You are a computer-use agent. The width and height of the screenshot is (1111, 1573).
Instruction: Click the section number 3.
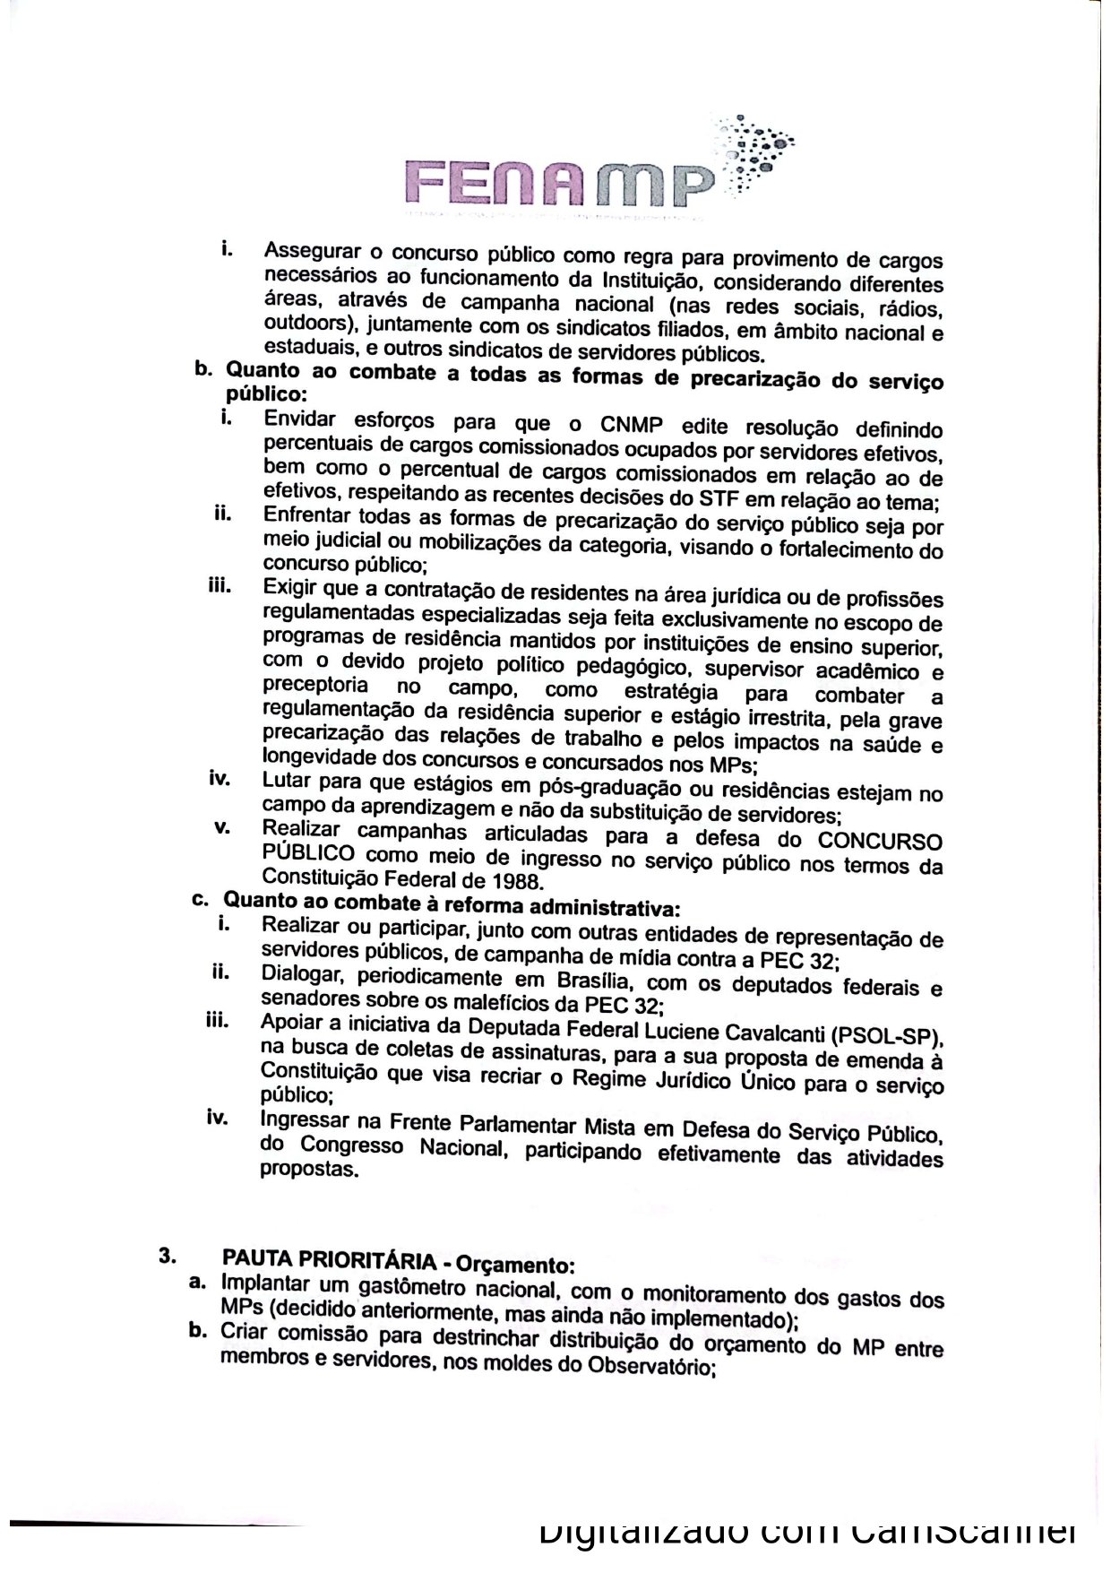coord(167,1255)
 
